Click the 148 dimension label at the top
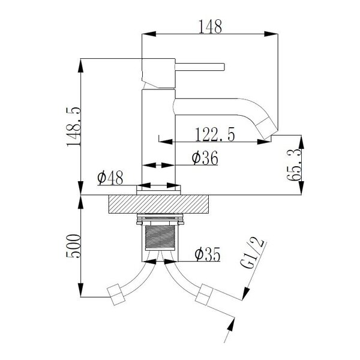click(x=210, y=26)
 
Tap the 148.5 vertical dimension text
click(x=73, y=127)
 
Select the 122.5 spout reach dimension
click(x=215, y=134)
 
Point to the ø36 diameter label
click(x=205, y=158)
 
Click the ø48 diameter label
click(x=110, y=178)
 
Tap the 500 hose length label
click(x=73, y=246)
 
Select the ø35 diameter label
click(x=208, y=254)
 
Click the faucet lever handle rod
click(x=200, y=67)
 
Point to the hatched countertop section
click(x=158, y=204)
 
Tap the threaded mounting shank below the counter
click(x=160, y=237)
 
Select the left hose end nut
click(x=116, y=295)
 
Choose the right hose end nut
click(x=205, y=295)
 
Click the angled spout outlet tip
click(x=267, y=128)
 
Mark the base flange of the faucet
click(x=158, y=190)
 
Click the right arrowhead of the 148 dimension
click(x=271, y=34)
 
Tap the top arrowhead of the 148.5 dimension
click(x=80, y=65)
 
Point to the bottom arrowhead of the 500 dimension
click(x=80, y=290)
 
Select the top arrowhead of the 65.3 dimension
click(x=301, y=142)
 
